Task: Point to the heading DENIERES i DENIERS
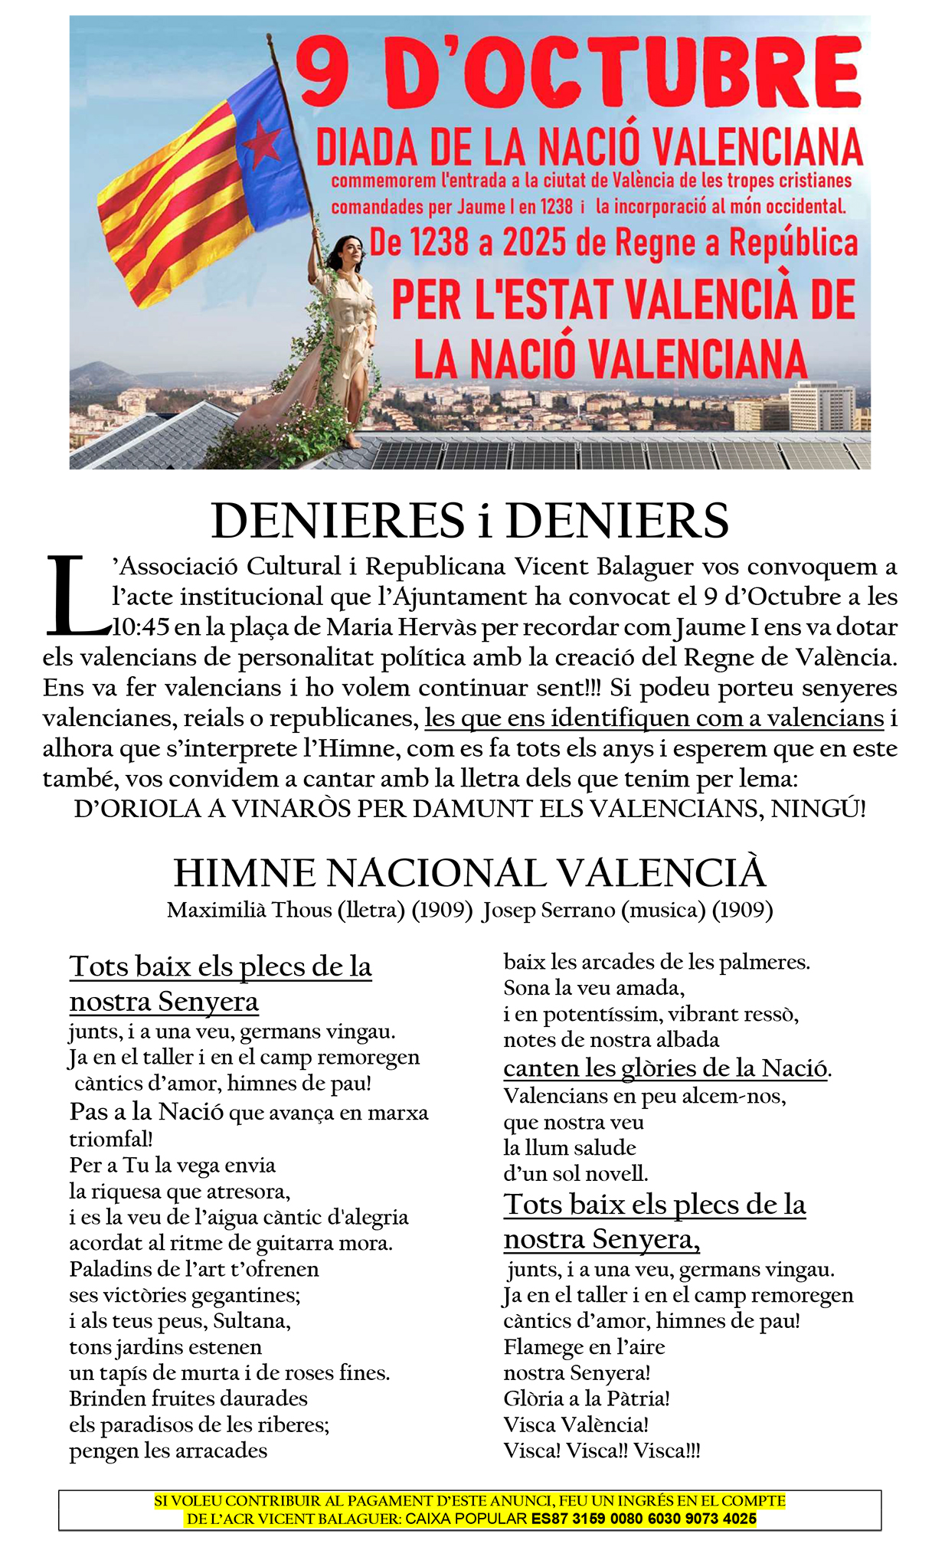click(469, 521)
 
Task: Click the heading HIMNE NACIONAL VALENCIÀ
click(469, 872)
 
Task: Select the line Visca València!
click(576, 1424)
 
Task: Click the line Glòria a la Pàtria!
click(587, 1398)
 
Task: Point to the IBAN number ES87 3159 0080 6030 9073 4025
click(644, 1519)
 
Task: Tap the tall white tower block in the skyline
click(822, 407)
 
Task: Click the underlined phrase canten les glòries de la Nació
click(665, 1068)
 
